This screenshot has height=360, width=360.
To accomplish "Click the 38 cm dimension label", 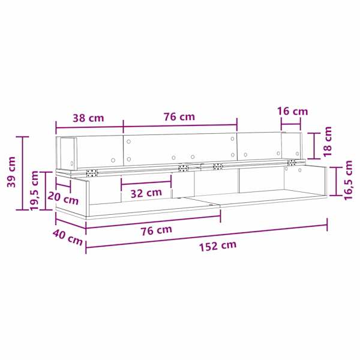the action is (88, 118).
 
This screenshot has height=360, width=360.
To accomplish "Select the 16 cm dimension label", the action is (293, 111).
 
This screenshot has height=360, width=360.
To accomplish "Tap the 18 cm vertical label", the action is (328, 142).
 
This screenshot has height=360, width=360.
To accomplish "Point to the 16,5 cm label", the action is (348, 181).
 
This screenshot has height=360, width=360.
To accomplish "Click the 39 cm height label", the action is (11, 172).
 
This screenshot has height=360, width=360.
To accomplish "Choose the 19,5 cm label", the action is (35, 190).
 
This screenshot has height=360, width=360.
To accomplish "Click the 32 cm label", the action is (146, 193).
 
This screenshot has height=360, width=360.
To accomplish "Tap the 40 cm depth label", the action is (68, 238).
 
